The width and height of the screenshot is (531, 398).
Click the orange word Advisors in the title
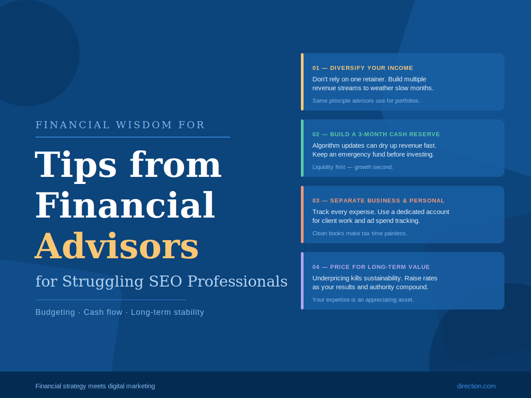117,246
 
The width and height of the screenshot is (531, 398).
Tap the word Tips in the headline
75,165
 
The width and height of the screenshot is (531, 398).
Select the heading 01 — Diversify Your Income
362,68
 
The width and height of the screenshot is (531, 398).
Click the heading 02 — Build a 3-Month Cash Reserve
376,134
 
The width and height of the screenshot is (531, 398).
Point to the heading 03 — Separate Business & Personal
378,201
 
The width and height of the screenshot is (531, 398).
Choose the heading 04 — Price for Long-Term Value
371,267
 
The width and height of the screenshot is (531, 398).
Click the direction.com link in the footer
476,386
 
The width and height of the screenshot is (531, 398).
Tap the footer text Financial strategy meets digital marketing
95,386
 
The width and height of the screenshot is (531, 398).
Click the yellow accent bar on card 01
302,82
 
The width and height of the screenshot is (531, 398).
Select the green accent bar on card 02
302,148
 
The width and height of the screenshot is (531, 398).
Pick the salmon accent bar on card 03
302,214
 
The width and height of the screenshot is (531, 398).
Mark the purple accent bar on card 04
302,281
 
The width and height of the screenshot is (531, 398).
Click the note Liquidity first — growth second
353,167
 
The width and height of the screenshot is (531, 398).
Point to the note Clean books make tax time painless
359,233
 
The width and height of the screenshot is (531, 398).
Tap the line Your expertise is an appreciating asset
363,300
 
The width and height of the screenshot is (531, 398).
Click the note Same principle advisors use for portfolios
366,101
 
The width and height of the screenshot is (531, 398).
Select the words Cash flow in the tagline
103,312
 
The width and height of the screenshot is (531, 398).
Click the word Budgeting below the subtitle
55,312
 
